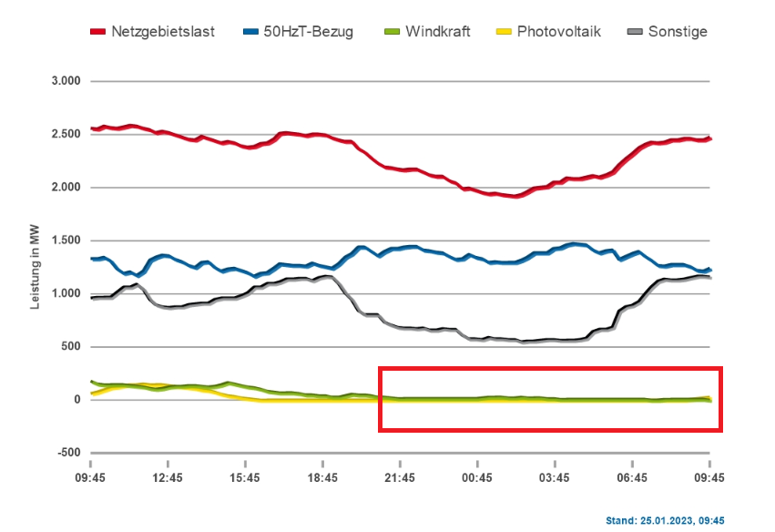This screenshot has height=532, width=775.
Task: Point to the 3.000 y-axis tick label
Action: tap(65, 82)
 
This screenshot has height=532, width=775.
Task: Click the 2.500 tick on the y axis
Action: tap(65, 135)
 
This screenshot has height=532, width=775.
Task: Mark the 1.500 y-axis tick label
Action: tap(65, 240)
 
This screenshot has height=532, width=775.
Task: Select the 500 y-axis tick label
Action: tap(70, 347)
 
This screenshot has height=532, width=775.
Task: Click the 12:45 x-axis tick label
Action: tap(168, 477)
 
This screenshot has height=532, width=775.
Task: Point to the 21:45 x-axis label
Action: tap(400, 477)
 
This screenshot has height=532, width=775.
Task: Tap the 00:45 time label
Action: tap(477, 477)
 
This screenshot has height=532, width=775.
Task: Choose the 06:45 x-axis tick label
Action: tap(632, 477)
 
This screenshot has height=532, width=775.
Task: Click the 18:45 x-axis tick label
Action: tap(322, 477)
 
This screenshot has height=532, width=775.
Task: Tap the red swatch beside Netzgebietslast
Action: tap(98, 33)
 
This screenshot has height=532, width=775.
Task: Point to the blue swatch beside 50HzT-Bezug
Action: tap(250, 33)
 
